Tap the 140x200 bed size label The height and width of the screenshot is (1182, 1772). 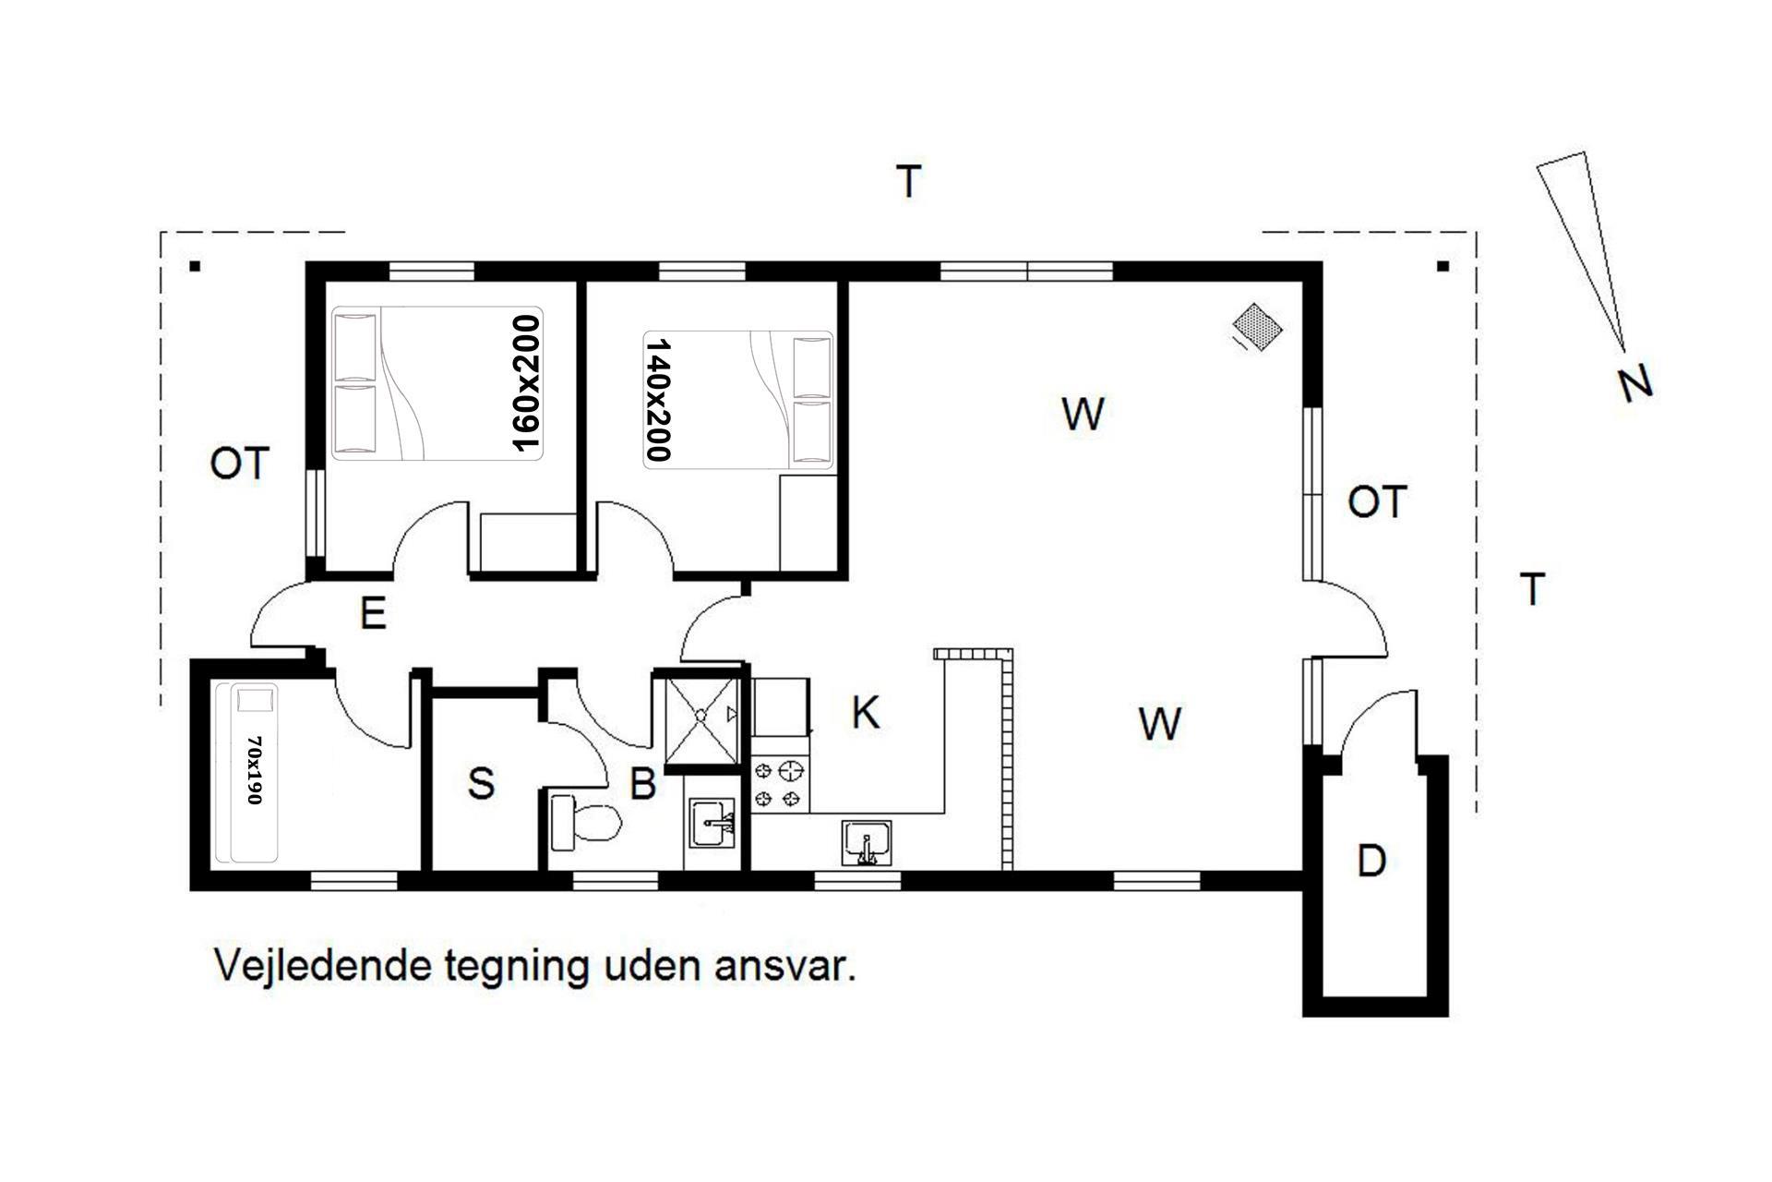point(658,400)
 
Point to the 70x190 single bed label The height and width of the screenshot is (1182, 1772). point(256,770)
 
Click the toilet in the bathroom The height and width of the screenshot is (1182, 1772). point(585,822)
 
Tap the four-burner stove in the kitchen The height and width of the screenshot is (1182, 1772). point(780,783)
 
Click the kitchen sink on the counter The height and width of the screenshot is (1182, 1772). point(867,843)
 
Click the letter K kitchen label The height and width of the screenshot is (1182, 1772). point(865,713)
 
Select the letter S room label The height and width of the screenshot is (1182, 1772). point(481,783)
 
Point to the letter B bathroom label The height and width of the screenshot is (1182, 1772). point(642,784)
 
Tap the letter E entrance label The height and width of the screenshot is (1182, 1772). point(372,612)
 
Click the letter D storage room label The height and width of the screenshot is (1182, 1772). point(1372,861)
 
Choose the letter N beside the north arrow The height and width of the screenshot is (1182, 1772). point(1634,382)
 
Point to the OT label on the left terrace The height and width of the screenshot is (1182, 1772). point(240,464)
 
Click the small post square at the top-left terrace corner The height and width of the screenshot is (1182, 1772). point(195,267)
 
